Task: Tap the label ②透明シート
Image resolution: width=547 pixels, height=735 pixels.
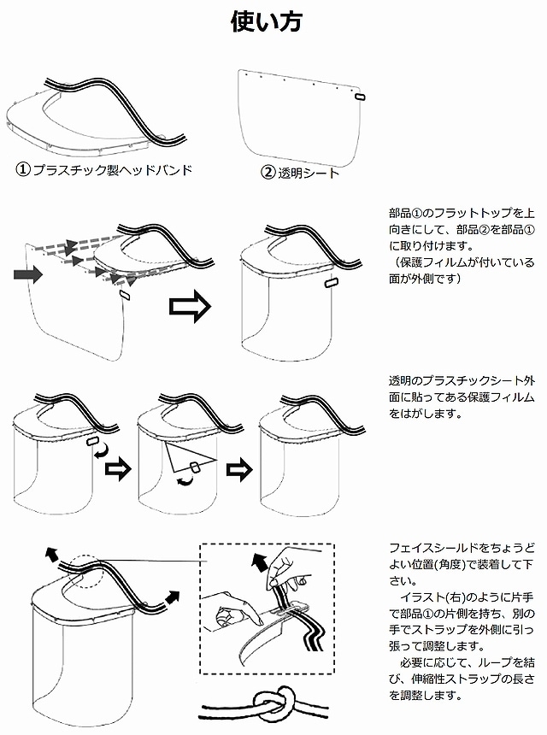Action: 300,172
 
